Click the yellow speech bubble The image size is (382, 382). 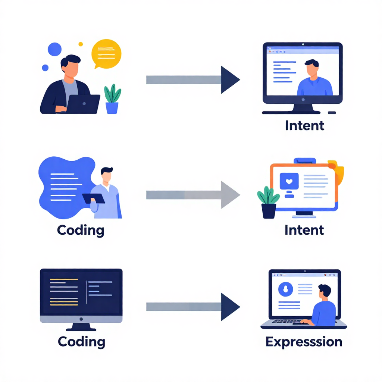click(106, 53)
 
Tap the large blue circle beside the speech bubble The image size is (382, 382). click(55, 49)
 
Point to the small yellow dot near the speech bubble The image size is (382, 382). click(81, 44)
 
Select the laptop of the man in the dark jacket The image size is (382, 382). click(83, 104)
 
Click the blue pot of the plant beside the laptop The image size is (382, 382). click(112, 108)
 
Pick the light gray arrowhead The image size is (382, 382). click(230, 195)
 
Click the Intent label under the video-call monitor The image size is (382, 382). click(304, 125)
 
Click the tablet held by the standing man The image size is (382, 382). click(93, 198)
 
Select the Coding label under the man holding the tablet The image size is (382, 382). click(81, 230)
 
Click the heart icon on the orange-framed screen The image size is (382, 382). click(289, 182)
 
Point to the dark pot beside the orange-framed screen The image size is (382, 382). click(269, 210)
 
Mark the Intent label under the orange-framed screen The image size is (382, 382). click(304, 230)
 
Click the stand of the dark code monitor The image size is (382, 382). click(81, 327)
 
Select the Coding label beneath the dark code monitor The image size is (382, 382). click(81, 341)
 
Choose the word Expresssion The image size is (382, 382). click(304, 342)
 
